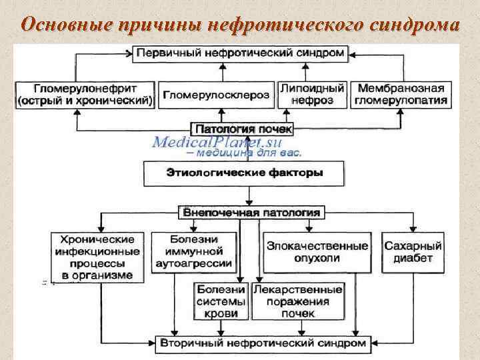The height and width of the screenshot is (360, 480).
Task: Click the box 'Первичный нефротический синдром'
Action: pos(242,53)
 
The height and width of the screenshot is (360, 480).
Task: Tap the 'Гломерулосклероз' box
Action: pos(216,95)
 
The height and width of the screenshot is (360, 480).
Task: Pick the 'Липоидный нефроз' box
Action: pos(311,95)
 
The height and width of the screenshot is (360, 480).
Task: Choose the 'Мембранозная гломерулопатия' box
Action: pos(401,95)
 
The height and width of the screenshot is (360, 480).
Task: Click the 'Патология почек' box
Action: pos(242,128)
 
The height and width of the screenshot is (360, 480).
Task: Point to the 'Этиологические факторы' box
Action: pos(245,173)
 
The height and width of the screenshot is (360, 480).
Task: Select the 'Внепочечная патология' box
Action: pos(251,213)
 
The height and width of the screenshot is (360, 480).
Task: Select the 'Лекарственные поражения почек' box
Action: pos(298,301)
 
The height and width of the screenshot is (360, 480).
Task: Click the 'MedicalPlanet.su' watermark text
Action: pos(217,141)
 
